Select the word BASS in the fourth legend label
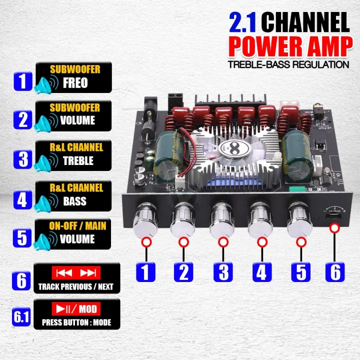74,201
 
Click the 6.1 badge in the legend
21,316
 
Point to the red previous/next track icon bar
76,272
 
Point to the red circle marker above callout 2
183,242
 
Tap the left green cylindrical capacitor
167,154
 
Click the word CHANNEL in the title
305,23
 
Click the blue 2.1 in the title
244,23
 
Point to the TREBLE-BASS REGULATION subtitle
288,64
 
